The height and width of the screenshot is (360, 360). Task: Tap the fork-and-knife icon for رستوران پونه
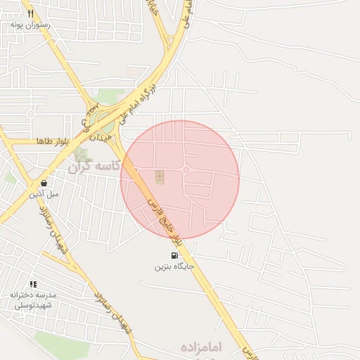30,13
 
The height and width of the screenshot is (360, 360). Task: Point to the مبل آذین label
44,193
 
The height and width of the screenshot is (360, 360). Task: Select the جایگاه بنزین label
173,266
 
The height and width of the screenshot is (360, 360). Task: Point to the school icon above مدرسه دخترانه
33,285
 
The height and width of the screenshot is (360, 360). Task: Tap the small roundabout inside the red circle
186,170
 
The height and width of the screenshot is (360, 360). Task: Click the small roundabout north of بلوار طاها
30,114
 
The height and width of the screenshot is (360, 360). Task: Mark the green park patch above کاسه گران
82,153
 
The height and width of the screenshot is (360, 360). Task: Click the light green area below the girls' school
56,345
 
